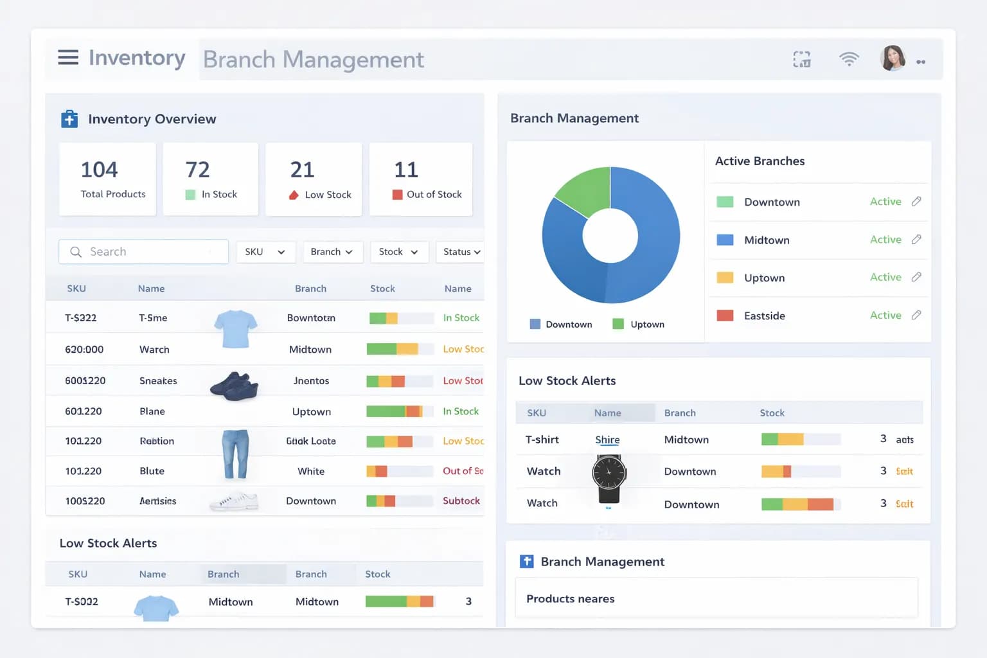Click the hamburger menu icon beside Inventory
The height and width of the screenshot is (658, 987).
click(x=68, y=58)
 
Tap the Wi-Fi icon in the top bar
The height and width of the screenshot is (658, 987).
click(x=849, y=59)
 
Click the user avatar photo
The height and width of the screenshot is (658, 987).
click(x=893, y=58)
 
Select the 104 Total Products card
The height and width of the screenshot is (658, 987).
click(x=107, y=179)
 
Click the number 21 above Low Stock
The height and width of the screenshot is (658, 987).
click(x=302, y=170)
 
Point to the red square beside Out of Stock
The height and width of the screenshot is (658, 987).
click(x=397, y=195)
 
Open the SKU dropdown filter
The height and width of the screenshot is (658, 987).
click(x=265, y=252)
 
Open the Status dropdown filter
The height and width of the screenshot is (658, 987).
click(x=461, y=252)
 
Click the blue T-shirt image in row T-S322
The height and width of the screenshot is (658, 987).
click(x=236, y=328)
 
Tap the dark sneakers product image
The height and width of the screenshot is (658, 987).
click(x=235, y=386)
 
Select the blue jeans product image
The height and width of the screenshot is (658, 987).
click(x=235, y=454)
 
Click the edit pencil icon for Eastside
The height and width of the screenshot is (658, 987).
click(x=916, y=315)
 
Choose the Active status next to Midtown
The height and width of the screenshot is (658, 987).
click(x=885, y=240)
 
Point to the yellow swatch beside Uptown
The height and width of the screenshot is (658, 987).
click(x=725, y=278)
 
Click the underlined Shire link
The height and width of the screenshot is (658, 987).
click(x=607, y=440)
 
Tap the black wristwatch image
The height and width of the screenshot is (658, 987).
click(x=609, y=479)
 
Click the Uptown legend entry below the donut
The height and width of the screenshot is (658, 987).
click(x=639, y=325)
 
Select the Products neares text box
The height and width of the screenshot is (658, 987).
click(x=716, y=599)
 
